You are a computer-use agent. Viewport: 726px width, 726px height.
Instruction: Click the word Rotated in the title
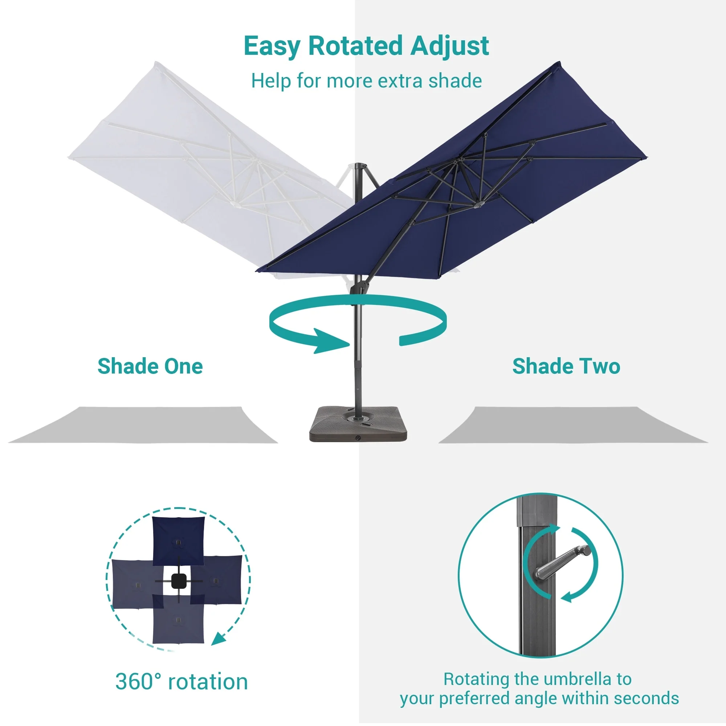pos(355,46)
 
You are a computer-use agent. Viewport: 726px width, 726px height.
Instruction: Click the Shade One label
pos(150,366)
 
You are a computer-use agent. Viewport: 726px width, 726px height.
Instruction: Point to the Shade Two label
pos(566,366)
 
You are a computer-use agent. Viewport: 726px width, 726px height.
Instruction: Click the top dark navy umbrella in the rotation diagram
pos(179,541)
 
